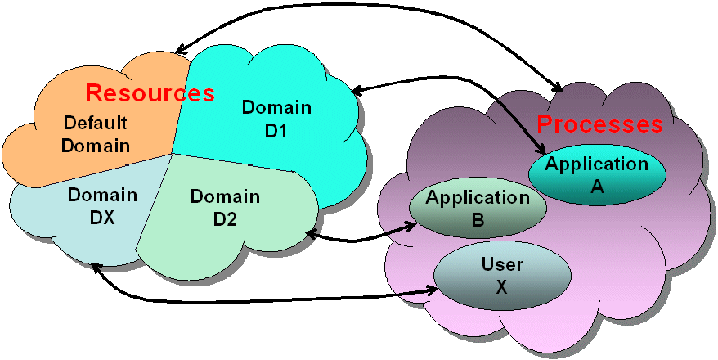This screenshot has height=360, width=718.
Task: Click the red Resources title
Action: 150,92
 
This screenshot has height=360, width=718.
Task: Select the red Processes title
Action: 599,124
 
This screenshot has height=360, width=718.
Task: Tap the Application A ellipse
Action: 595,174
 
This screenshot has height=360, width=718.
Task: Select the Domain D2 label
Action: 225,207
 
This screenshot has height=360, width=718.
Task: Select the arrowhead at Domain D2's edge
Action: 311,236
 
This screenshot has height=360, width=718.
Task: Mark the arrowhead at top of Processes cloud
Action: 558,87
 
